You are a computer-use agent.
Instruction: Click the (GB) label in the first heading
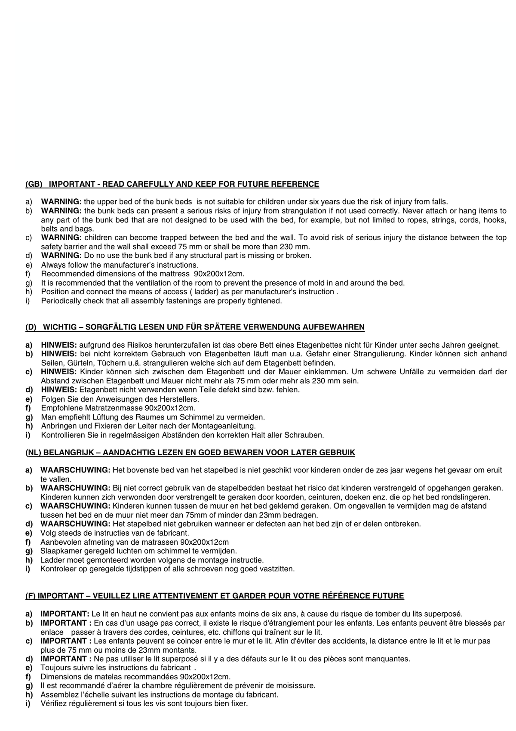pos(34,185)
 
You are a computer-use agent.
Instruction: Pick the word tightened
pos(263,301)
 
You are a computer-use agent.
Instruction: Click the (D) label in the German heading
pos(31,327)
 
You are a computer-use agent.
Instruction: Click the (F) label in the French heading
pos(31,596)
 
